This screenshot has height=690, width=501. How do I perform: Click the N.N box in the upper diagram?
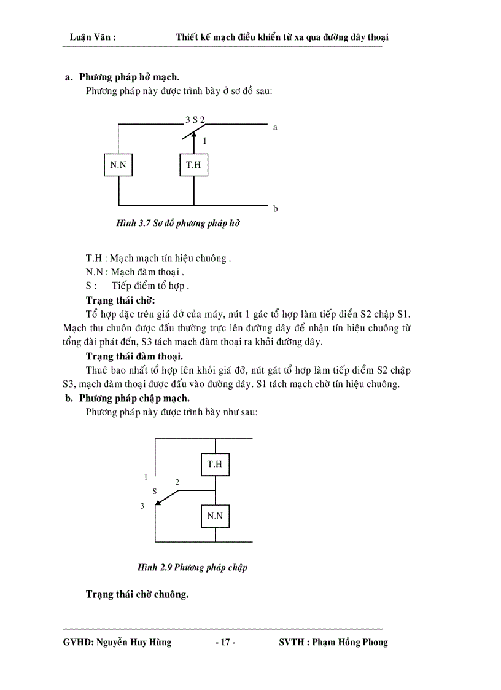click(118, 165)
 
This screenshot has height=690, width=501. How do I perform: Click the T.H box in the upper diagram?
click(193, 165)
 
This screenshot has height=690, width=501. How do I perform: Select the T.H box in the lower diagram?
click(215, 464)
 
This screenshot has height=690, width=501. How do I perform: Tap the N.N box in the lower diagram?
click(215, 516)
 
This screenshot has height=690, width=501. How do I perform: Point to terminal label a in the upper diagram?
click(275, 128)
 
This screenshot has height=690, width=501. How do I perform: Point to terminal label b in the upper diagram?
click(275, 209)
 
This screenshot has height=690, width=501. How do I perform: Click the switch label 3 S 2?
click(195, 120)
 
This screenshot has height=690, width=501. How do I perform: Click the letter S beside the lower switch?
click(155, 492)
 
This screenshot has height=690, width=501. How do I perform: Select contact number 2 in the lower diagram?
click(177, 482)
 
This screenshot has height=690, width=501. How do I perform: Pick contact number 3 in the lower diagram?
click(142, 506)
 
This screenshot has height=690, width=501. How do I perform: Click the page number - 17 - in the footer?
click(225, 643)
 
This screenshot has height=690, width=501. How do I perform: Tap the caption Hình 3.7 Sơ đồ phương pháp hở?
click(177, 224)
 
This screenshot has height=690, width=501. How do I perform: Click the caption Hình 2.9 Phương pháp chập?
click(192, 567)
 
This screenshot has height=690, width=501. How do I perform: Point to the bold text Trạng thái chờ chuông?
click(137, 594)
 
